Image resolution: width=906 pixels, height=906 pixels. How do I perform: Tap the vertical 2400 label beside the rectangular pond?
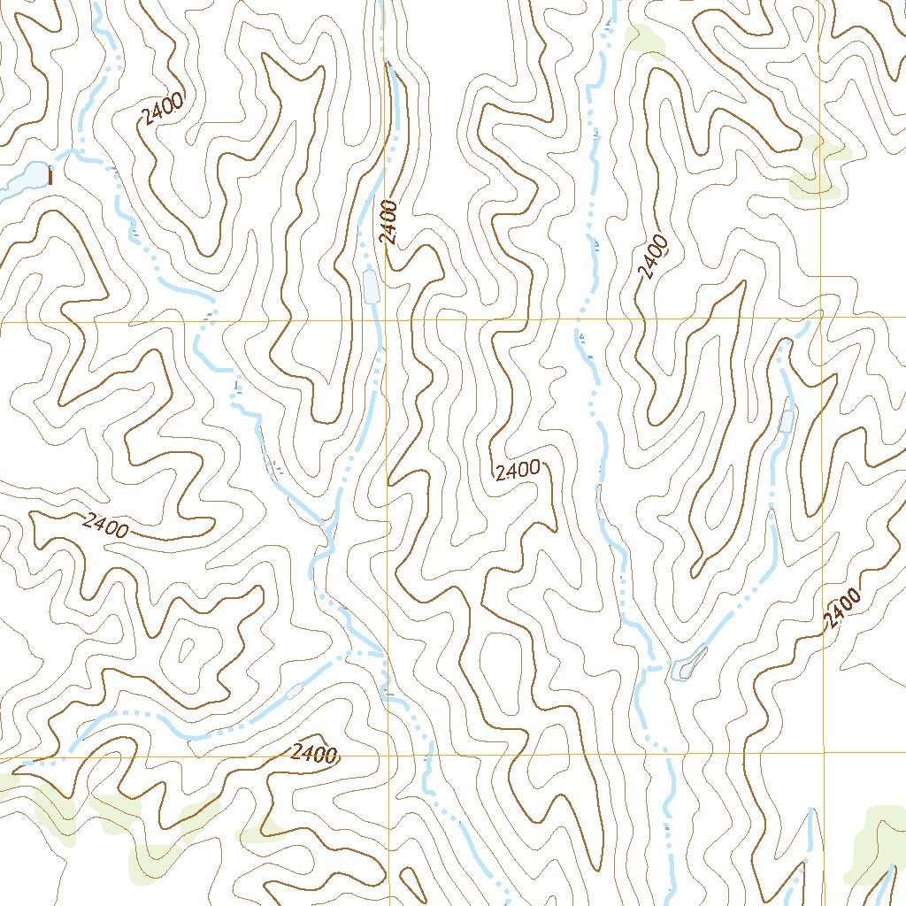pos(390,222)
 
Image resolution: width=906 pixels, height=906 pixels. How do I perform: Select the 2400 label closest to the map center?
pos(518,471)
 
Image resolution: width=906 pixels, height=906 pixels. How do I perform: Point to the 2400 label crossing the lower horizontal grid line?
pos(314,754)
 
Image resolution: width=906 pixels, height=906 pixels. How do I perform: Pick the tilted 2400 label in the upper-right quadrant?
pos(652,257)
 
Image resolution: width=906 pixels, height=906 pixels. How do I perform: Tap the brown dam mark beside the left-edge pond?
pos(50,177)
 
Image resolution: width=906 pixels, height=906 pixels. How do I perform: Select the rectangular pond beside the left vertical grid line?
pos(371,286)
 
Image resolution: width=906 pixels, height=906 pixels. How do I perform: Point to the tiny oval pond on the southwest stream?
pos(294,691)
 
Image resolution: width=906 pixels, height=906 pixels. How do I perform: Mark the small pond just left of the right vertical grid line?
pos(786,420)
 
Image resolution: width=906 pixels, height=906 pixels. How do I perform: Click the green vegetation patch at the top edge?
pos(644,39)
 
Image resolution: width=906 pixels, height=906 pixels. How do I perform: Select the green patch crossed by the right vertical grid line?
pos(818,168)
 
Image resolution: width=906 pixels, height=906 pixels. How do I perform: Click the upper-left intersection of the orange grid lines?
pos(386,320)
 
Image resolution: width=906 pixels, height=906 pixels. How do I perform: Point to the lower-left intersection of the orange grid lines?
pos(388,756)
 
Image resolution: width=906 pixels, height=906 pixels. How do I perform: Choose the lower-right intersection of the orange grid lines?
pos(823,753)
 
